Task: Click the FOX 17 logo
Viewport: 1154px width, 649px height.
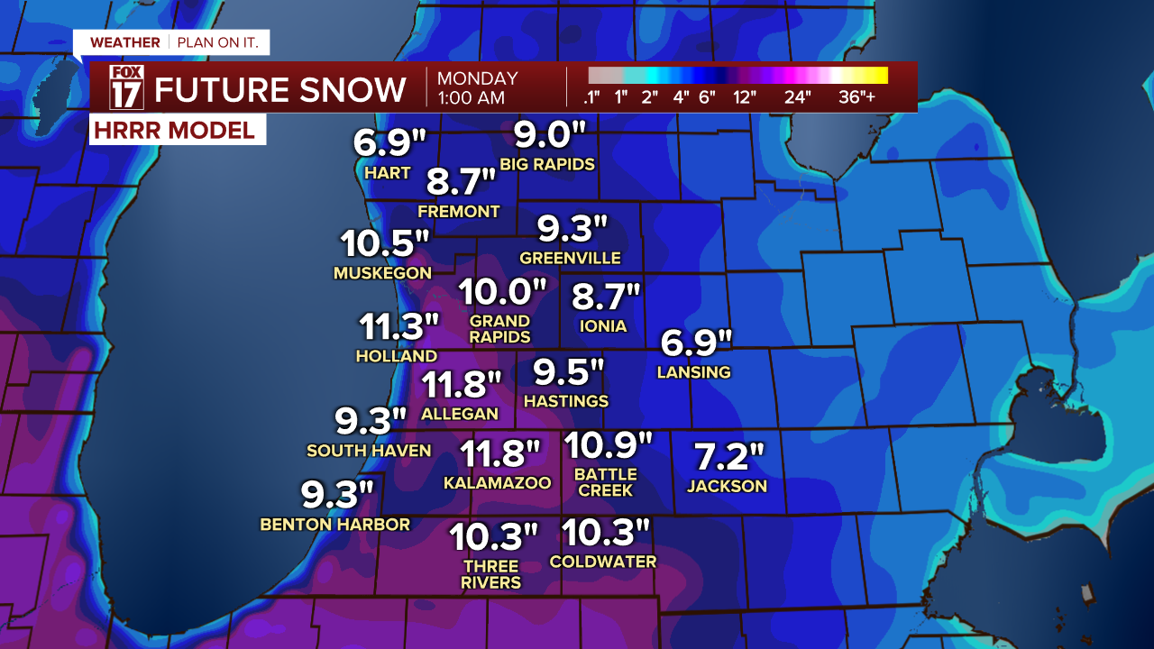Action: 126,87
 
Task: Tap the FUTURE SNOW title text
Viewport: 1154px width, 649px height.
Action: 280,89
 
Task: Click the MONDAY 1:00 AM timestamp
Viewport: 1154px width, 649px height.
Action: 478,88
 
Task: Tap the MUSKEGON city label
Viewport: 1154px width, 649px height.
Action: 382,272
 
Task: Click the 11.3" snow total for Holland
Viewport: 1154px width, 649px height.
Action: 398,326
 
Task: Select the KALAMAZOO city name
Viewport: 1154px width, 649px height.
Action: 497,483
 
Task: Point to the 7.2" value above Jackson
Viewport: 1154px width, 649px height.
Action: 728,457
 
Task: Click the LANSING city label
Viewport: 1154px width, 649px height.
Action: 693,372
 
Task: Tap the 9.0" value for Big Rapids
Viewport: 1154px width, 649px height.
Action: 550,135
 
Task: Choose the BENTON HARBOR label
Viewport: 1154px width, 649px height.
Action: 334,525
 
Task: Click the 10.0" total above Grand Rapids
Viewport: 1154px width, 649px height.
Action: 503,291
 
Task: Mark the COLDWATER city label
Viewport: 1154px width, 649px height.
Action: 603,562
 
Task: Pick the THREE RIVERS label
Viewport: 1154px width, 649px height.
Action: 491,574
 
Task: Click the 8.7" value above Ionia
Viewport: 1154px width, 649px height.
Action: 606,297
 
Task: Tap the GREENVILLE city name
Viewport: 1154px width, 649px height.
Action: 570,258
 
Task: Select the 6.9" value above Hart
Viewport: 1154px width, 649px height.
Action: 389,143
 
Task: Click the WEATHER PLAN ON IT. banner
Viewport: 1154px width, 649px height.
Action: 170,42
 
